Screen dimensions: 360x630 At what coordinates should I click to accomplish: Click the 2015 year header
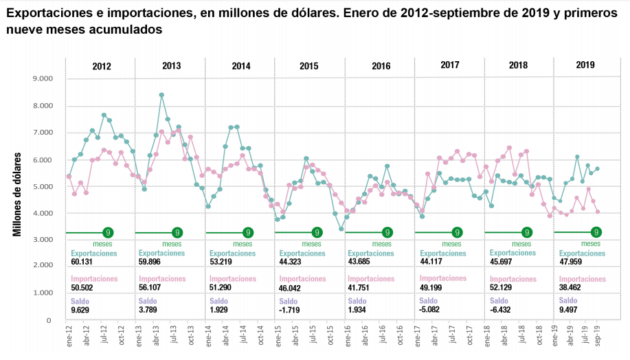(x=309, y=66)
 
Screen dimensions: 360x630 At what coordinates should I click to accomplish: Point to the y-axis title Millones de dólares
(x=18, y=196)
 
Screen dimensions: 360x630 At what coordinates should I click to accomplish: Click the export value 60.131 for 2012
(x=82, y=263)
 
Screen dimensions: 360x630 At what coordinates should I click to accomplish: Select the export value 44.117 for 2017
(x=431, y=263)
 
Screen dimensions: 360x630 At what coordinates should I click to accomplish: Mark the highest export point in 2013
(x=161, y=95)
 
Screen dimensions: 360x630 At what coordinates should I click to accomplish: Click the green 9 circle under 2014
(x=247, y=233)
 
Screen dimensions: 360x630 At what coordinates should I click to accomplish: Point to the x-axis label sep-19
(x=598, y=337)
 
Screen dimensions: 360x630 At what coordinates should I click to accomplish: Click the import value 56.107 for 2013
(x=152, y=290)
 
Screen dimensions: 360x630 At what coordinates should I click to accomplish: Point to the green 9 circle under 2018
(x=527, y=233)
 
